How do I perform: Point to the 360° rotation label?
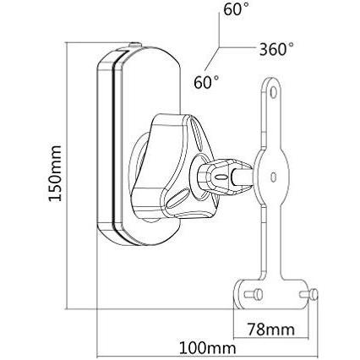278,48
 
